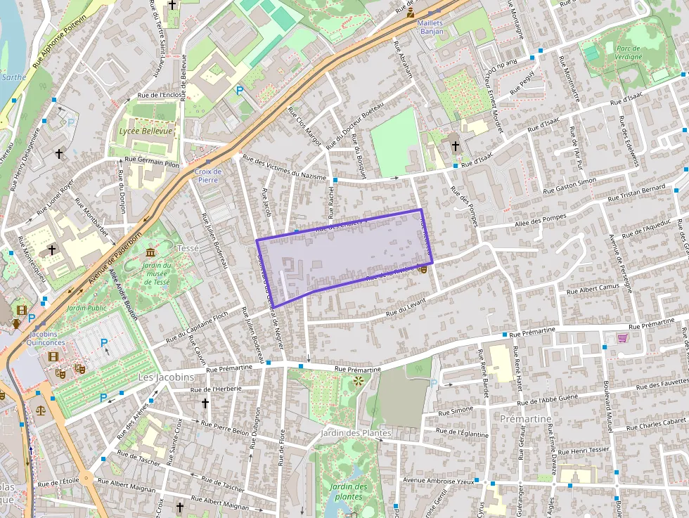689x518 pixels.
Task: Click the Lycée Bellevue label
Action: (x=146, y=131)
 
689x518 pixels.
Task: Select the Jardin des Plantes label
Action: (x=355, y=433)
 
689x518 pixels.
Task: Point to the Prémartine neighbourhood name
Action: (x=525, y=419)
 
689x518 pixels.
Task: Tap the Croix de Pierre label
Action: (x=208, y=175)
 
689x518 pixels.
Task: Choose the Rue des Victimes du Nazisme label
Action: (x=285, y=166)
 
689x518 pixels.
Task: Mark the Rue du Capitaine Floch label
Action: (x=198, y=327)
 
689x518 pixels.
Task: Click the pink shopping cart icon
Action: (x=622, y=338)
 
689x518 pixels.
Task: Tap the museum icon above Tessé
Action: (x=150, y=252)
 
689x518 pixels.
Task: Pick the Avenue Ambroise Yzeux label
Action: (x=438, y=481)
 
